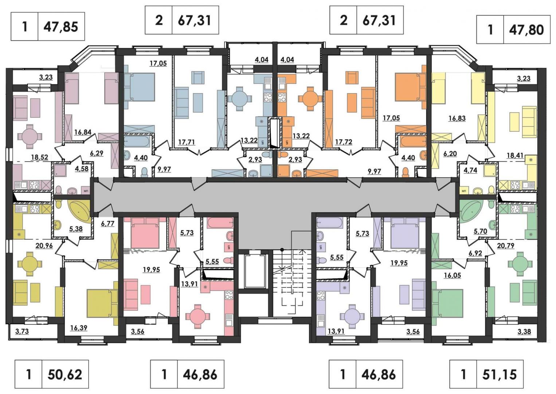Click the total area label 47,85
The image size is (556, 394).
[x=61, y=27]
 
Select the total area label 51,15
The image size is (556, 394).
[x=500, y=374]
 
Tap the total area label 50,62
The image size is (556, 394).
[x=65, y=374]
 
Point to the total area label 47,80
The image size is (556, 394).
[x=526, y=30]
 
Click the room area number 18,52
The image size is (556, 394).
[x=40, y=157]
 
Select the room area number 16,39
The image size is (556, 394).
[x=79, y=328]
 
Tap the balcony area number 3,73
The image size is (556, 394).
[x=22, y=331]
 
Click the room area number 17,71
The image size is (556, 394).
[x=187, y=142]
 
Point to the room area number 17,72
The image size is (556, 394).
[x=344, y=142]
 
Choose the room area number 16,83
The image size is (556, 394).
[x=457, y=118]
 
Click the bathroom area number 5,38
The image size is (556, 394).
[x=76, y=229]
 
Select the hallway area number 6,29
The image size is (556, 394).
[x=97, y=153]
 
